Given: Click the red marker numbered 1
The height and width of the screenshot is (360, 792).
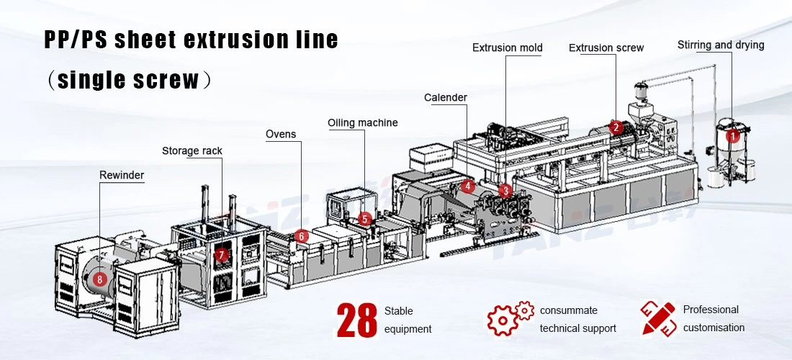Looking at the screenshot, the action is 732,135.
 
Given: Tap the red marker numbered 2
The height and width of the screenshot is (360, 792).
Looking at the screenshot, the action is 615,127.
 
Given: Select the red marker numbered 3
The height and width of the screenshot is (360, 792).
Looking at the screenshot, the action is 505,190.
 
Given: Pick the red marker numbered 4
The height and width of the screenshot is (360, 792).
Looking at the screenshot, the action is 468,186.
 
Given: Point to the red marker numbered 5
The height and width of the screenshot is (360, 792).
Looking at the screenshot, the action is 365,219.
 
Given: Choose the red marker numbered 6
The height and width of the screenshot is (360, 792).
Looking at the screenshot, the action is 301,235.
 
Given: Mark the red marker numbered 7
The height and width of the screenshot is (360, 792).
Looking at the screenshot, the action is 222,255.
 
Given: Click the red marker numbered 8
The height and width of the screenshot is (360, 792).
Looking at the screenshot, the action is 100,278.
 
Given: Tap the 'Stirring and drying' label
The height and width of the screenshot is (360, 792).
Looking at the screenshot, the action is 721,45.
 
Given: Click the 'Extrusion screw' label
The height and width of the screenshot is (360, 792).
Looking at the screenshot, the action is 606,48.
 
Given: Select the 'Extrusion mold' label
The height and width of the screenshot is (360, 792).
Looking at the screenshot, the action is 508,48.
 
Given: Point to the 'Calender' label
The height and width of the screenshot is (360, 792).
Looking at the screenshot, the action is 446,97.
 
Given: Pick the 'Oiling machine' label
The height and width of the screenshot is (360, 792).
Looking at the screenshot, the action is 363,122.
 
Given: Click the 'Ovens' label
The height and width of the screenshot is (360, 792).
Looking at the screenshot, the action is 281,135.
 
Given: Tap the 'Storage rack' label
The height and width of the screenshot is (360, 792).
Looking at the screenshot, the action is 192,151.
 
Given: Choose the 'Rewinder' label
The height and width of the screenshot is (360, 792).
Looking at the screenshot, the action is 122,175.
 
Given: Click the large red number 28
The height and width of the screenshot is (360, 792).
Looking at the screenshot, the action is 357,320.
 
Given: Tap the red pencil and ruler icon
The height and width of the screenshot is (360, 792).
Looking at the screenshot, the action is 657,318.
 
